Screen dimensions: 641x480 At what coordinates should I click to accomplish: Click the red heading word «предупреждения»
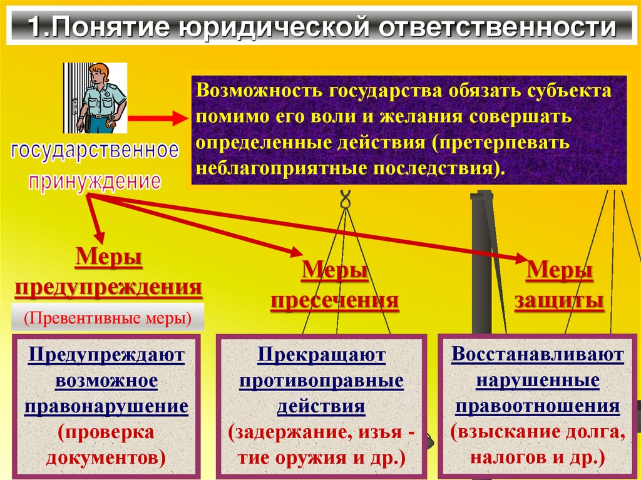point(108,287)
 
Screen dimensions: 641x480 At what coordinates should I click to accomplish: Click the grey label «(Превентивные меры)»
point(108,319)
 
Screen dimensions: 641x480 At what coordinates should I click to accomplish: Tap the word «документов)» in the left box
point(106,457)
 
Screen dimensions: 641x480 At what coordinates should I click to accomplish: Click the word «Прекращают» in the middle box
point(321,355)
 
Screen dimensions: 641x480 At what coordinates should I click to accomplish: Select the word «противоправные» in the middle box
point(321,381)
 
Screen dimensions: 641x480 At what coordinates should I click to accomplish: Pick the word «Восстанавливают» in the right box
point(538,354)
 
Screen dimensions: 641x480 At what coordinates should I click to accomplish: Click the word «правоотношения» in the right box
point(538,406)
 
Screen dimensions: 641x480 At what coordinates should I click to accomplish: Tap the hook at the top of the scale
point(344,200)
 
